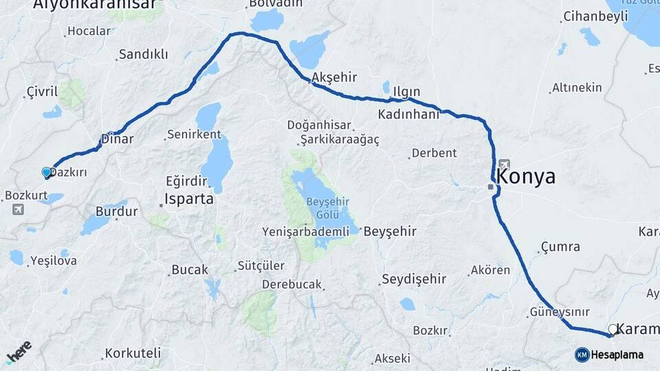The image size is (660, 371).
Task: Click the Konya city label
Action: pos(526,177)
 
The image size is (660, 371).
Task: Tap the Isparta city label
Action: pos(188,201)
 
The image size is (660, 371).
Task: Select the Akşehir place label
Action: pos(327,78)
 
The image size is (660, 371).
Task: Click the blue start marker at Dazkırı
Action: pos(47,172)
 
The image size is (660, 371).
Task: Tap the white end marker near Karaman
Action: pos(613,329)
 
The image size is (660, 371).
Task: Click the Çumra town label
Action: pos(560,247)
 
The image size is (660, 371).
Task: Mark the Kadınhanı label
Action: pos(408,114)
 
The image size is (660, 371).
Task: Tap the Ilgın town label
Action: pos(406,91)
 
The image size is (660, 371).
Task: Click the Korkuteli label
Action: pos(133,355)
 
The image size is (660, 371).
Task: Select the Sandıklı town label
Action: pos(143,54)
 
